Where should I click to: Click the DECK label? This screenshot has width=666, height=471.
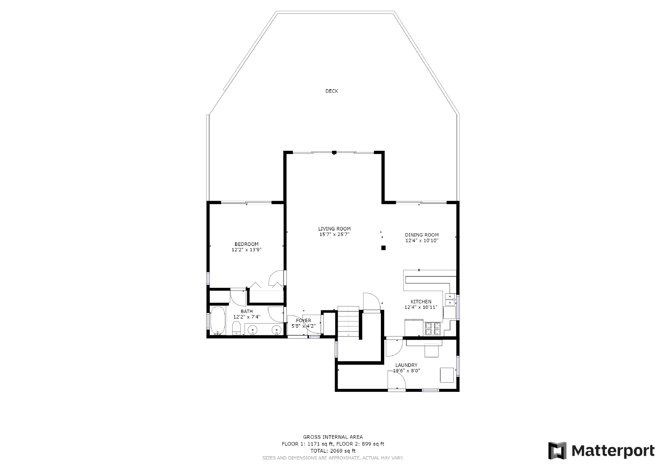(x=331, y=91)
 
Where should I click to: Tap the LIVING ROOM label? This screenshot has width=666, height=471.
(x=335, y=229)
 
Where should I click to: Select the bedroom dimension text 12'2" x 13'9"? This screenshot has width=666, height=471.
(x=246, y=250)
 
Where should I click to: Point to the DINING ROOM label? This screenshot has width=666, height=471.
(x=422, y=235)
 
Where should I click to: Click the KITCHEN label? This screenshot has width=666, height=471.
(x=421, y=302)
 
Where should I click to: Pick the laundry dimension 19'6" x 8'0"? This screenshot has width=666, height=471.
(x=406, y=371)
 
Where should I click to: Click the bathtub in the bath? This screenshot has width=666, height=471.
(x=218, y=321)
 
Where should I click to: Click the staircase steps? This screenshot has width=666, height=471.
(x=348, y=321)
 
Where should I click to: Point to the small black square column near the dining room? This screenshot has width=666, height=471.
(x=383, y=248)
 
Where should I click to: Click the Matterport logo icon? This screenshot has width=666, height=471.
(x=557, y=451)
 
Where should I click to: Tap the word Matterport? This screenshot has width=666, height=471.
(x=613, y=451)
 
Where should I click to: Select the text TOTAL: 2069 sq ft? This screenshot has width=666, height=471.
(x=333, y=451)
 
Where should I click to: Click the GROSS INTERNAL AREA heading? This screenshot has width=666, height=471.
(x=333, y=437)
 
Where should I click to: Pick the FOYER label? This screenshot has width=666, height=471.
(x=303, y=320)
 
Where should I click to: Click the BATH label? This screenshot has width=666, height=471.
(x=247, y=312)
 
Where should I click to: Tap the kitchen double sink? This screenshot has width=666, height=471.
(x=450, y=299)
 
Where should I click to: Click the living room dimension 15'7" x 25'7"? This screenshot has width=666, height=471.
(x=335, y=234)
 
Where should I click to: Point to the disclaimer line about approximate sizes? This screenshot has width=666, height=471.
(x=333, y=458)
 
